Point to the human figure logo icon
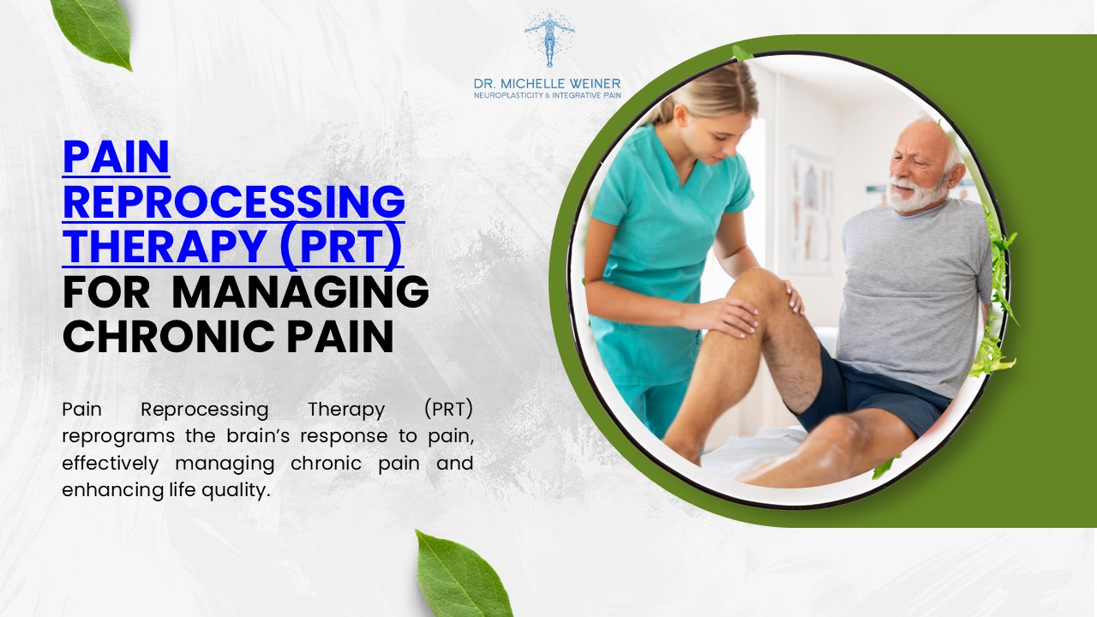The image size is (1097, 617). coord(549,39)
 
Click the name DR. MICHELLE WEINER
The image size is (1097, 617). coord(548,84)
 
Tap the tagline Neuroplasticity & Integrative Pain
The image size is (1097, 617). coord(548,95)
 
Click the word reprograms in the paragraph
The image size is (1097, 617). coord(106,435)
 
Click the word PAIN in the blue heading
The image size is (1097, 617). coord(117,158)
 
